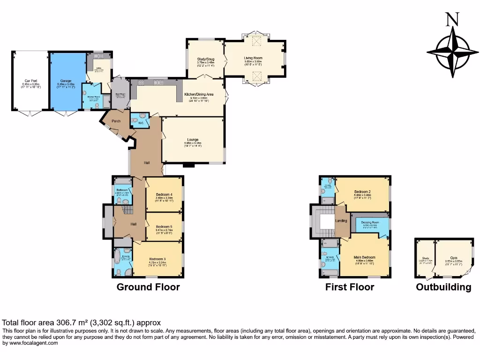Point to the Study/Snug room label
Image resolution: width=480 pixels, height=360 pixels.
(x=206, y=59)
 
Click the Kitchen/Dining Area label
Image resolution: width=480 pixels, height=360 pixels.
(x=199, y=94)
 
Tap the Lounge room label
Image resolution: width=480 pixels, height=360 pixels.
(x=193, y=139)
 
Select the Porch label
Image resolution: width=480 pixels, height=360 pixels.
(x=116, y=121)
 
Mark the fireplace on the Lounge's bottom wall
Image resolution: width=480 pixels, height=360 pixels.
(x=188, y=165)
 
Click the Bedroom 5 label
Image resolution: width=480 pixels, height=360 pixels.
(x=164, y=226)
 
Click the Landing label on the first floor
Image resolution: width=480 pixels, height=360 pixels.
(x=341, y=221)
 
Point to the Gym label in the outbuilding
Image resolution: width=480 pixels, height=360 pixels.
(x=454, y=258)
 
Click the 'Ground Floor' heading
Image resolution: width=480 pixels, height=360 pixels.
(x=148, y=287)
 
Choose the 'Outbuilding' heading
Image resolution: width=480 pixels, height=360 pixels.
(x=443, y=287)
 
